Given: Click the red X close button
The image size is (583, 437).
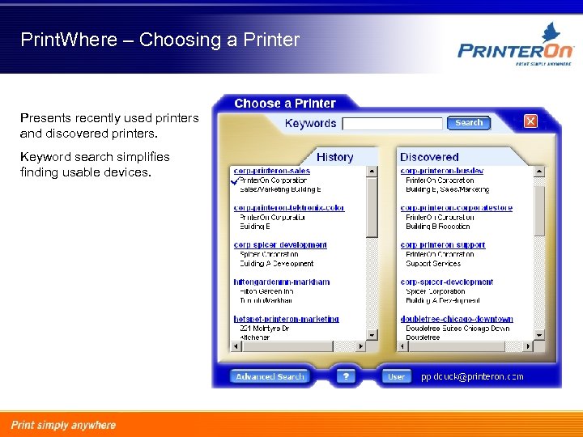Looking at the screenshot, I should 530,121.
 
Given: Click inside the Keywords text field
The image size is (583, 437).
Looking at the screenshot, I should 393,124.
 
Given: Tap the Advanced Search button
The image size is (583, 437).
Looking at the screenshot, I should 270,376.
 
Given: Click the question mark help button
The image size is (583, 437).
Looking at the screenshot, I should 346,376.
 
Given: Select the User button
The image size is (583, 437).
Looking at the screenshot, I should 397,376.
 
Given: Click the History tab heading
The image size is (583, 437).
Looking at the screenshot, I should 334,157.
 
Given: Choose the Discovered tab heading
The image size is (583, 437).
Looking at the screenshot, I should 429,157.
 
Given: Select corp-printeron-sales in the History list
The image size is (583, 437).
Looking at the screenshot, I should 271,171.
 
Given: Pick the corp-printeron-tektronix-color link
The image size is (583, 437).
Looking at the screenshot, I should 289,208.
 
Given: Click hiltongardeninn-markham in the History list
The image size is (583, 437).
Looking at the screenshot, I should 282,282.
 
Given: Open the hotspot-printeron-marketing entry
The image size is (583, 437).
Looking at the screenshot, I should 286,319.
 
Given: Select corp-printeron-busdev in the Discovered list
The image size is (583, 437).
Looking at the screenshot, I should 442,171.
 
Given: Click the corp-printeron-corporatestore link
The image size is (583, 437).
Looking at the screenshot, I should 456,208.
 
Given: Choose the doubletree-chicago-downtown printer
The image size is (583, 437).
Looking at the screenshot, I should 457,319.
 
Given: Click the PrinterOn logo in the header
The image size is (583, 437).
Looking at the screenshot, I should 515,49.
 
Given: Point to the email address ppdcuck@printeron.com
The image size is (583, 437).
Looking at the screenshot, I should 472,376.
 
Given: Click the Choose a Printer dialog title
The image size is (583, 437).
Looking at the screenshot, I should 284,104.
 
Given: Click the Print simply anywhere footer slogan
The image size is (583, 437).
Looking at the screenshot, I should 63,425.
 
